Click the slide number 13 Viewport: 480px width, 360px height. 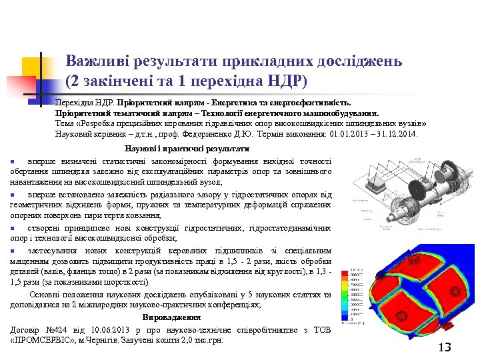tap(445, 347)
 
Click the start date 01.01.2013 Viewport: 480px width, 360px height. tap(353, 133)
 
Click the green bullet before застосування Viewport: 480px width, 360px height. tap(13, 249)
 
